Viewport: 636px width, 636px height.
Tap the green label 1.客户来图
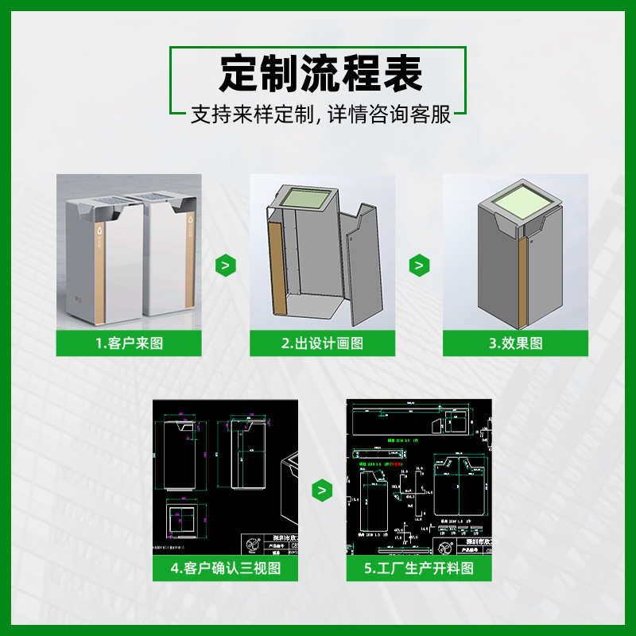tap(128, 343)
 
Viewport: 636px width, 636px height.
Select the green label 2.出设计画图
tap(322, 343)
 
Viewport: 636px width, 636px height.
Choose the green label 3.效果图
tap(515, 343)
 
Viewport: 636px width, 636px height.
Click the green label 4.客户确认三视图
tap(225, 568)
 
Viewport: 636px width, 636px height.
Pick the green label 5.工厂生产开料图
tap(419, 568)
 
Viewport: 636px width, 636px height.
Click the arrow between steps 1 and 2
tap(226, 265)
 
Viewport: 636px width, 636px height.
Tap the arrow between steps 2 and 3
tap(419, 265)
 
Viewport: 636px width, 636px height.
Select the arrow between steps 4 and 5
tap(322, 491)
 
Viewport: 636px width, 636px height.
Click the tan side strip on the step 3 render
tap(522, 282)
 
